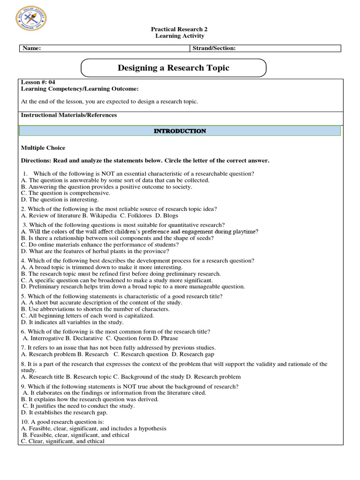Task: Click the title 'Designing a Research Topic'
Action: click(x=173, y=68)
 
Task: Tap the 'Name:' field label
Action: click(x=31, y=48)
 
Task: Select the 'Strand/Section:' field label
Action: click(x=214, y=48)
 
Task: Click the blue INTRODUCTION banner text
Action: click(x=180, y=131)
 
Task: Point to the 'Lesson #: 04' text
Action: click(x=38, y=82)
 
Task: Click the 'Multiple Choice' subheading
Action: click(x=43, y=148)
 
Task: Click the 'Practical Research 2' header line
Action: click(x=180, y=29)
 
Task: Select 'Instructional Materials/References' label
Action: click(x=69, y=115)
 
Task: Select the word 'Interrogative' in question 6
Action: click(x=46, y=338)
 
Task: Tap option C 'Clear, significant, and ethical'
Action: click(x=63, y=441)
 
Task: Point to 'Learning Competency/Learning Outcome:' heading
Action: click(x=80, y=89)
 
